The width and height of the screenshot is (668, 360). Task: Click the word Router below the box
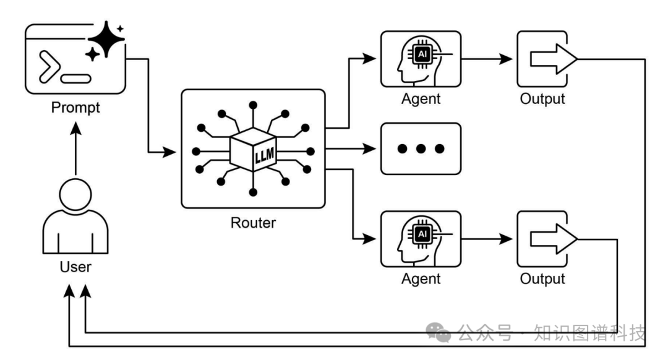pyautogui.click(x=253, y=222)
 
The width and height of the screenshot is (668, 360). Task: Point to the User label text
pyautogui.click(x=75, y=267)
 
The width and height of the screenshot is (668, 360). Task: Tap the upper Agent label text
pyautogui.click(x=421, y=99)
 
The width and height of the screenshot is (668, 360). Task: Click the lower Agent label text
pyautogui.click(x=421, y=279)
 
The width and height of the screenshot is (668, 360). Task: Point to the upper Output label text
pyautogui.click(x=542, y=99)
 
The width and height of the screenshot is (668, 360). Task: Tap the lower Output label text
pyautogui.click(x=542, y=279)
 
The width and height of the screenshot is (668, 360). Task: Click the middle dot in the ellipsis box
pyautogui.click(x=421, y=149)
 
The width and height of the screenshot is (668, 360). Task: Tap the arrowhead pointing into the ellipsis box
pyautogui.click(x=372, y=149)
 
